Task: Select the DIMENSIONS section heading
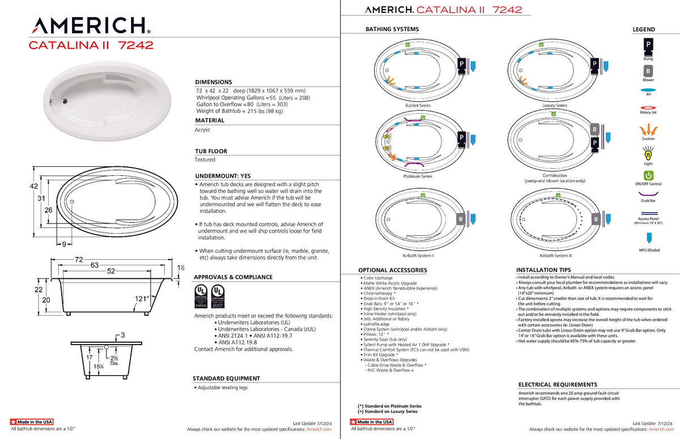(x=214, y=82)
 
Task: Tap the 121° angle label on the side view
(x=141, y=298)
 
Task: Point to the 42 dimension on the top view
(x=33, y=186)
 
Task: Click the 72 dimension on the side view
(x=79, y=260)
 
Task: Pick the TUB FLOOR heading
(x=211, y=151)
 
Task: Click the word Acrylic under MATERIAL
(x=202, y=130)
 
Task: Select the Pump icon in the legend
(x=648, y=45)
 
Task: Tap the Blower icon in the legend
(x=648, y=71)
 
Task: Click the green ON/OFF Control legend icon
(x=648, y=175)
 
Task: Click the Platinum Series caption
(x=418, y=177)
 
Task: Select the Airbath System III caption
(x=554, y=256)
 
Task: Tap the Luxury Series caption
(x=554, y=106)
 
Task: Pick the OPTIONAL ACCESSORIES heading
(x=392, y=270)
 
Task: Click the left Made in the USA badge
(x=32, y=422)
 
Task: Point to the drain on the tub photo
(x=65, y=101)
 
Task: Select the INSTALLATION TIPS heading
(x=543, y=270)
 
